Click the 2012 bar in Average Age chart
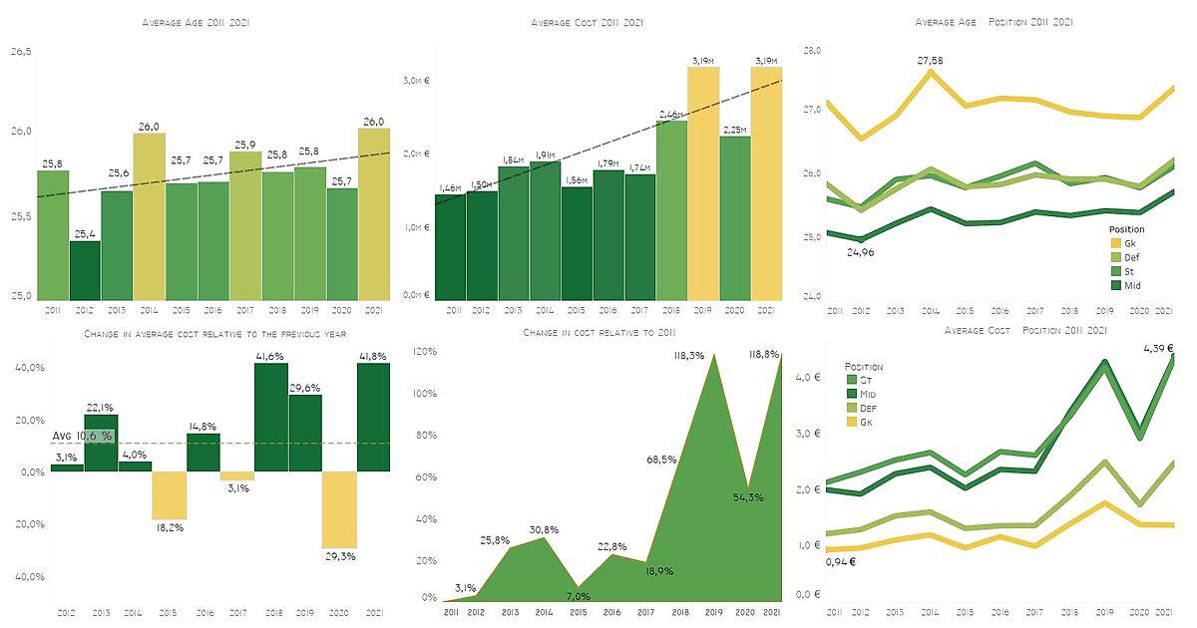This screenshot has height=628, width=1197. coord(85,269)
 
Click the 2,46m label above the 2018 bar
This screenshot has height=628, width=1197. coord(671,115)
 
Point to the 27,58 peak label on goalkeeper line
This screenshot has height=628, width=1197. coord(930,62)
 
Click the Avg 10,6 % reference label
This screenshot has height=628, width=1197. coord(82,437)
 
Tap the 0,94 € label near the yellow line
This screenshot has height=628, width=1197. coord(839,561)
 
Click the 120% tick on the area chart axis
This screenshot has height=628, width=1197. coord(426,352)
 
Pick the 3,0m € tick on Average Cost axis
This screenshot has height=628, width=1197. coord(415,80)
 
